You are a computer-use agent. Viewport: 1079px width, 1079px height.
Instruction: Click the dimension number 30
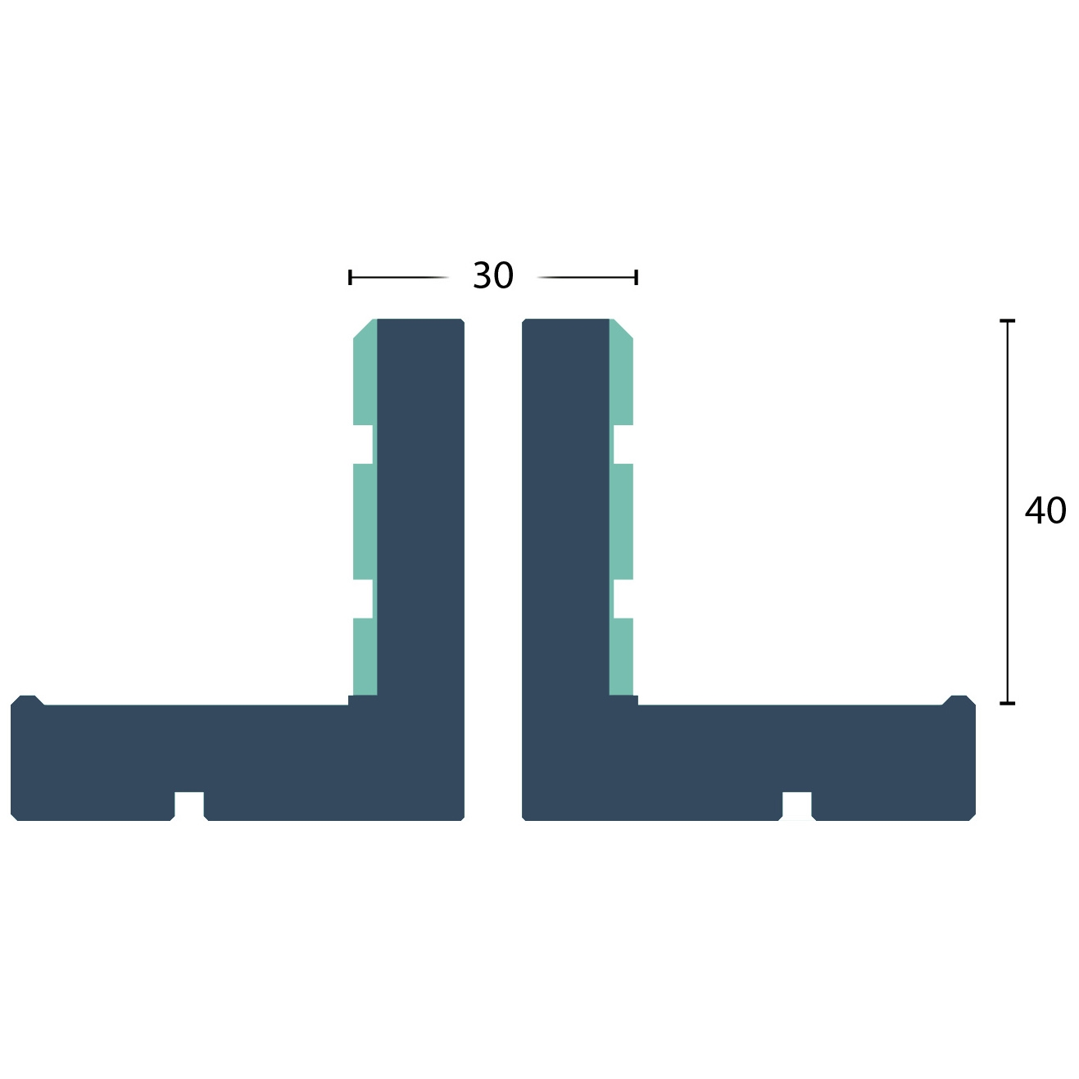[492, 275]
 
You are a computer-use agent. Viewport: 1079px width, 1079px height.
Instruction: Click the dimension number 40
[1045, 510]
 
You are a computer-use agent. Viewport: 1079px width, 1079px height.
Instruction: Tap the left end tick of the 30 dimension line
[350, 277]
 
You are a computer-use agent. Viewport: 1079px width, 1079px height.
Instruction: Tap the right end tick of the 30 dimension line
[636, 277]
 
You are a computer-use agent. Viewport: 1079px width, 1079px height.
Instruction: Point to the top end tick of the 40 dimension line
[1008, 321]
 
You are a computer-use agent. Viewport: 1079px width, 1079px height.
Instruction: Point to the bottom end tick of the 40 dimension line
[1008, 703]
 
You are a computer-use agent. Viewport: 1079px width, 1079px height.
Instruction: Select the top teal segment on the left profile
[365, 372]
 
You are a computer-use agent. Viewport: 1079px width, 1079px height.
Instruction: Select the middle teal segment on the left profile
[365, 521]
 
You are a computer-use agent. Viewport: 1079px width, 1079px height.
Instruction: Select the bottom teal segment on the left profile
[365, 657]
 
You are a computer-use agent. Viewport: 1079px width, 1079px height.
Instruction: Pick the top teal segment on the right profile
[622, 372]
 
